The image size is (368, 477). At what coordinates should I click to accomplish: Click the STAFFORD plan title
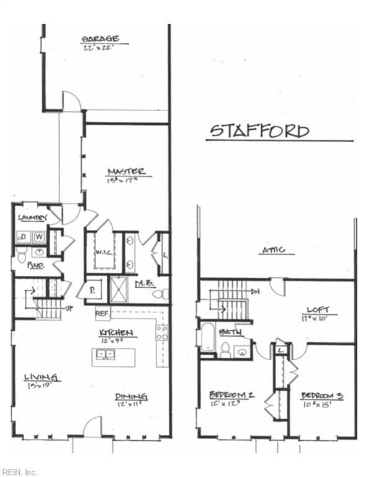tap(259, 131)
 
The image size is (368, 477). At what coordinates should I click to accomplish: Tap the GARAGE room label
tap(101, 39)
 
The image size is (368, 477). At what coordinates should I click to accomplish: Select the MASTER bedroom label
tap(127, 171)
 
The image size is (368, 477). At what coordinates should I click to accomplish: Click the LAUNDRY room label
tap(33, 217)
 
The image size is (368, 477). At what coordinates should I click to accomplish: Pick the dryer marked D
tap(24, 237)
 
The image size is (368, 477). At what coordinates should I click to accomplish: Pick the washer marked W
tap(39, 237)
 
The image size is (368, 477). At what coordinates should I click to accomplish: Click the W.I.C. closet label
tap(104, 253)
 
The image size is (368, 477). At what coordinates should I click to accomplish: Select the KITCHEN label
tap(117, 334)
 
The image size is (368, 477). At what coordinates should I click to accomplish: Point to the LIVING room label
tap(42, 377)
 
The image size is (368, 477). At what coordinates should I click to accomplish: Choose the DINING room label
tap(131, 397)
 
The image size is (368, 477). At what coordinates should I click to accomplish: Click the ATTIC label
tap(273, 250)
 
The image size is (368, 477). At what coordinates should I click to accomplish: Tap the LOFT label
tap(318, 309)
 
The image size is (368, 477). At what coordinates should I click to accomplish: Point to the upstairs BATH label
tap(230, 332)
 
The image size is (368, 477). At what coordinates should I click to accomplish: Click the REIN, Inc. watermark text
tap(19, 472)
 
